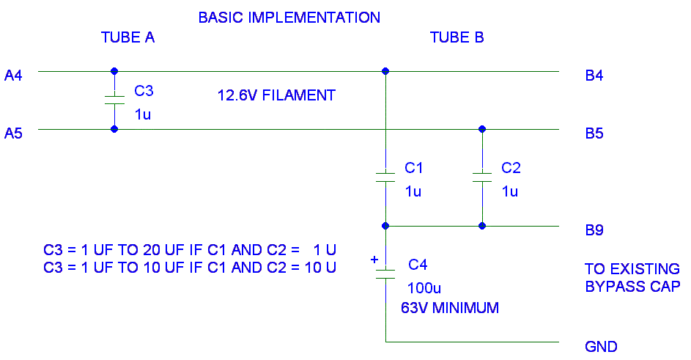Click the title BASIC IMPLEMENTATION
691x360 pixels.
coord(289,17)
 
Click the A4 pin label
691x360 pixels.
coord(14,75)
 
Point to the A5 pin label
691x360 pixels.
coord(14,133)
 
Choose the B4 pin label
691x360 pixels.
coord(594,75)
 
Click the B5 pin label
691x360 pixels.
coord(594,133)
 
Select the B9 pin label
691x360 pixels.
coord(594,230)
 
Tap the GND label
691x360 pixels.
coord(601,347)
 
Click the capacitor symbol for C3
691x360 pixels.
coord(114,100)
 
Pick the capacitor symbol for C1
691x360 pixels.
coord(385,177)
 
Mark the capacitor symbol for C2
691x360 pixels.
coord(481,177)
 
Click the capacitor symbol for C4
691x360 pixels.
coord(385,273)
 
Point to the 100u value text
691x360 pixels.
coord(426,287)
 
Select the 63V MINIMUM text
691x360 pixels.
coord(450,308)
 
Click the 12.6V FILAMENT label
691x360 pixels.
coord(276,95)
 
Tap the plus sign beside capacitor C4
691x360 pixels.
coord(374,260)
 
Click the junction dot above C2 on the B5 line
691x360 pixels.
coord(481,129)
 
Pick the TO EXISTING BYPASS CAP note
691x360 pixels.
coord(632,277)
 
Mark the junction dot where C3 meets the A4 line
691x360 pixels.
coord(114,71)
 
